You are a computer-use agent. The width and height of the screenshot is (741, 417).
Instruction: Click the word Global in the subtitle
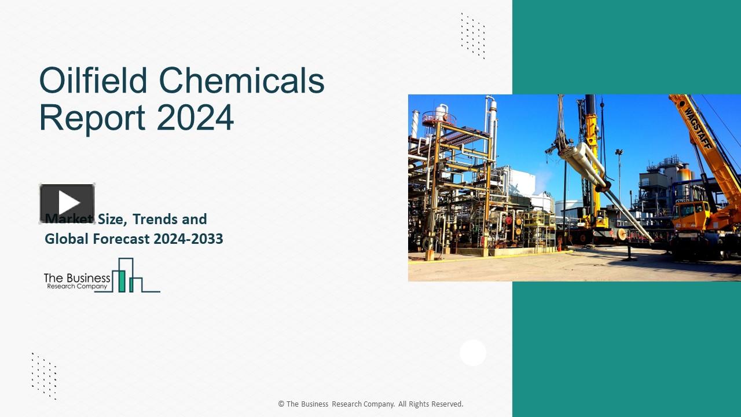[x=66, y=239]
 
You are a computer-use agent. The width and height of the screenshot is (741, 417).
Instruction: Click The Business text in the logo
[x=77, y=278]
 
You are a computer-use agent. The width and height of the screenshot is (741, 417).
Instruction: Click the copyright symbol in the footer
[x=281, y=404]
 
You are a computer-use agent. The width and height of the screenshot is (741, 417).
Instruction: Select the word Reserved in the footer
[x=447, y=404]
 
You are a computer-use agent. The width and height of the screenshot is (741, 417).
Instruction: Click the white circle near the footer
[x=473, y=353]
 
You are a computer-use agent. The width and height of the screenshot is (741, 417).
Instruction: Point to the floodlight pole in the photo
[x=619, y=174]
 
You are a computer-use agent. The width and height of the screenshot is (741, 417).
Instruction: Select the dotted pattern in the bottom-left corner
[x=44, y=375]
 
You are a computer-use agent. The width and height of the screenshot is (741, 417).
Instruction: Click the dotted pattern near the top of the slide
[x=472, y=35]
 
